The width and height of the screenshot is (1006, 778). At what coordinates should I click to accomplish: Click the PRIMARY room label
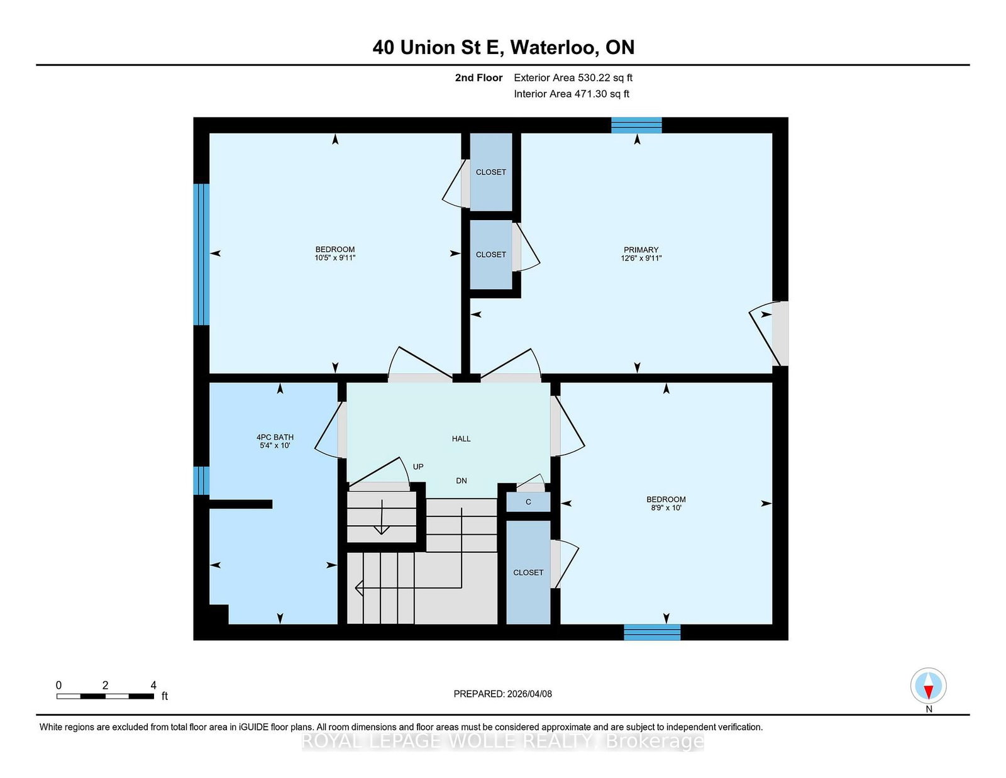click(641, 250)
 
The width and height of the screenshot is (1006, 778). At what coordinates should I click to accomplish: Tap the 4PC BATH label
click(275, 437)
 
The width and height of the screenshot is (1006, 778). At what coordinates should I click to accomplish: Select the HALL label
click(461, 438)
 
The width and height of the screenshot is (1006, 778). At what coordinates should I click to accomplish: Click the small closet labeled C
click(528, 502)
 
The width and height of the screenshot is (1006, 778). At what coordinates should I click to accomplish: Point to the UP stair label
click(418, 467)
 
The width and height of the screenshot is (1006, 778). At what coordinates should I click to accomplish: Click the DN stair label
click(461, 481)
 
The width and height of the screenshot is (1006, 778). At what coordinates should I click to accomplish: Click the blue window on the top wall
click(636, 125)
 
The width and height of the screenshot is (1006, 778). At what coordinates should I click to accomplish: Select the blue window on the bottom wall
click(652, 632)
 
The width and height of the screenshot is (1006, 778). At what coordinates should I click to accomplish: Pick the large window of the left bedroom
click(201, 254)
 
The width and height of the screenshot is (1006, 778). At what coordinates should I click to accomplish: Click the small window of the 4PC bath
click(201, 481)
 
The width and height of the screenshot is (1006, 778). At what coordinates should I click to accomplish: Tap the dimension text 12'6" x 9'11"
click(641, 258)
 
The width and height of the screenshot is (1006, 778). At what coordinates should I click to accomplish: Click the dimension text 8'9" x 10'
click(666, 508)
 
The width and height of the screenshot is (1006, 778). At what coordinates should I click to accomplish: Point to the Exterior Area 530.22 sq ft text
click(573, 78)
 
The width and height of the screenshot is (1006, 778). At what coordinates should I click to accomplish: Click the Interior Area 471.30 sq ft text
click(572, 94)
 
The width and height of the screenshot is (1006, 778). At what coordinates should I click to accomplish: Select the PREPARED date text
click(503, 694)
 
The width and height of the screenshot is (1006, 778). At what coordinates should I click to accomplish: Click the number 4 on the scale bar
click(153, 686)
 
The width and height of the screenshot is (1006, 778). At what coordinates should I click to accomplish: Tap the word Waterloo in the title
click(554, 47)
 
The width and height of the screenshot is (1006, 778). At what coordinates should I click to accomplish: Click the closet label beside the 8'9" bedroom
click(528, 573)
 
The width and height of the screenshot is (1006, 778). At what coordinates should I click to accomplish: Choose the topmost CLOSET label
click(490, 172)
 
